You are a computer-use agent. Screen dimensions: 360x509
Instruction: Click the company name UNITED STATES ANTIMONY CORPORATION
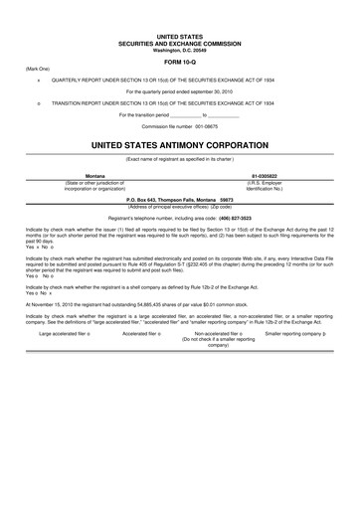pos(179,144)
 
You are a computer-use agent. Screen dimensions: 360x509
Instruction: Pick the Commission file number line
pos(179,126)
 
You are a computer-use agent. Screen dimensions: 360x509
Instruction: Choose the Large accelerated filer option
pos(65,334)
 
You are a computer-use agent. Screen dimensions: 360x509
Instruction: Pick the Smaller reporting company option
pos(295,334)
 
